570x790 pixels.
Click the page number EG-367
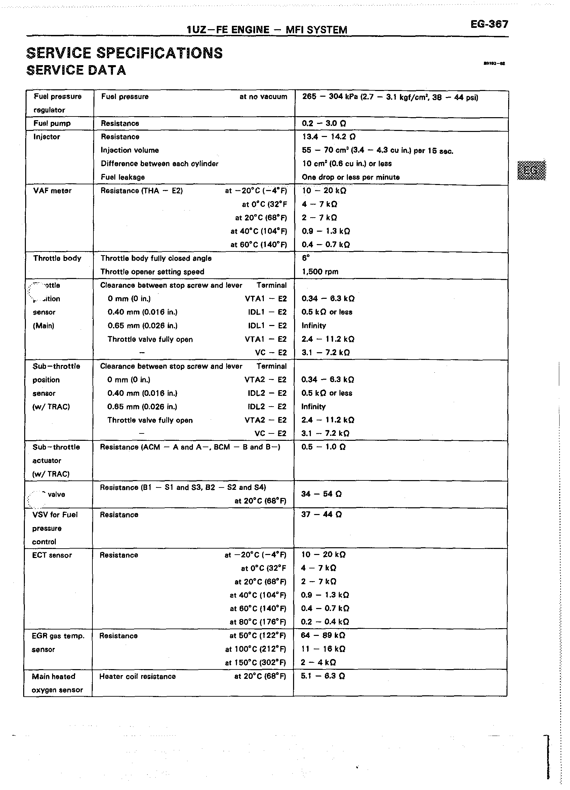pyautogui.click(x=489, y=24)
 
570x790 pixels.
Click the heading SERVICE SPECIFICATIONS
pyautogui.click(x=124, y=53)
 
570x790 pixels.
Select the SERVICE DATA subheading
pyautogui.click(x=76, y=71)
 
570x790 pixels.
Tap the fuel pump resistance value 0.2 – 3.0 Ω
pyautogui.click(x=324, y=123)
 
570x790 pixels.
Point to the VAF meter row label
pyautogui.click(x=52, y=191)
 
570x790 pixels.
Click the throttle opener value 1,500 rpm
pyautogui.click(x=320, y=272)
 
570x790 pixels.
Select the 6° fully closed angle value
pyautogui.click(x=306, y=258)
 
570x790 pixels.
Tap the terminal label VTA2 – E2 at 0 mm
pyautogui.click(x=265, y=380)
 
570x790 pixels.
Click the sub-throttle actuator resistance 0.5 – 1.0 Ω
pyautogui.click(x=323, y=447)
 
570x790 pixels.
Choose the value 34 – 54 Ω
pyautogui.click(x=321, y=494)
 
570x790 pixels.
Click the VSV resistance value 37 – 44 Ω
pyautogui.click(x=321, y=514)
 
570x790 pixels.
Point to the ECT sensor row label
pyautogui.click(x=52, y=555)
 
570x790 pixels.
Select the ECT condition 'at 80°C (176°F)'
pyautogui.click(x=258, y=622)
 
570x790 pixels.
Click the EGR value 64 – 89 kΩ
pyautogui.click(x=323, y=635)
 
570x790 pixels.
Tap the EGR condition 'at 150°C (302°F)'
pyautogui.click(x=255, y=662)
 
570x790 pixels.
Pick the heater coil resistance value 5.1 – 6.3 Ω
pyautogui.click(x=323, y=676)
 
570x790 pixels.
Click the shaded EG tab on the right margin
pyautogui.click(x=531, y=170)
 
